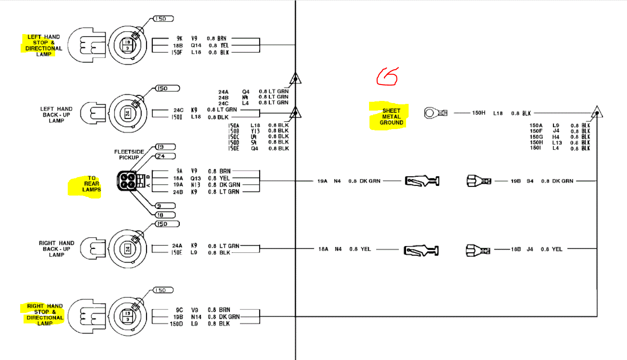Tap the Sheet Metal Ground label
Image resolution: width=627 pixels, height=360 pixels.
[391, 116]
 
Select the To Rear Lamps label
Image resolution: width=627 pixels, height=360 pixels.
[91, 184]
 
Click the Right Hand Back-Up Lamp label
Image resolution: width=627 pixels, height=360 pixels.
[56, 249]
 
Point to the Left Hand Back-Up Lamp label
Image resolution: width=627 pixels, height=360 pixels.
[56, 114]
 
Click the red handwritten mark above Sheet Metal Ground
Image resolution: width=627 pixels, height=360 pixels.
[387, 77]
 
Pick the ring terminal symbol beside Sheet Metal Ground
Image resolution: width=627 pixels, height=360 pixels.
[435, 113]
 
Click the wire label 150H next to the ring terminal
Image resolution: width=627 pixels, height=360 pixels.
[478, 113]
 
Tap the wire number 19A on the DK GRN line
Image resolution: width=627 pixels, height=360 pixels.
[322, 181]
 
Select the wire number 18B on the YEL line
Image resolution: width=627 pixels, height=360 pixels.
[516, 249]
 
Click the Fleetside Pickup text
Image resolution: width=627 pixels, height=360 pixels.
[129, 154]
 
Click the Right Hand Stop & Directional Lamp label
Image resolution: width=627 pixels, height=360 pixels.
[44, 315]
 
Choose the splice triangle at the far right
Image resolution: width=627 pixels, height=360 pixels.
[597, 112]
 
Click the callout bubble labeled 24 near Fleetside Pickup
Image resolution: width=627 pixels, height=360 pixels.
[165, 156]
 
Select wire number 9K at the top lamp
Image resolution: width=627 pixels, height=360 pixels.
[179, 38]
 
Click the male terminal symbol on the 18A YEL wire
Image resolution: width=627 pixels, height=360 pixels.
[421, 251]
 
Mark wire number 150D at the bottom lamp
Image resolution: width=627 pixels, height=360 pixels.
[176, 324]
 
